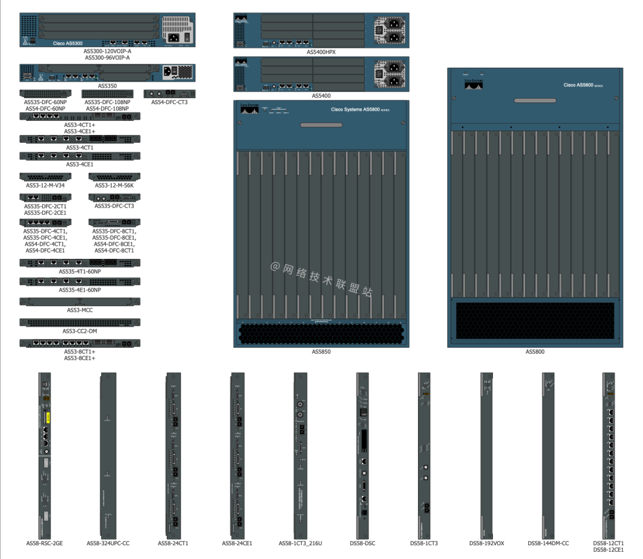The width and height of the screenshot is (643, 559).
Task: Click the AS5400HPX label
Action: pyautogui.click(x=321, y=52)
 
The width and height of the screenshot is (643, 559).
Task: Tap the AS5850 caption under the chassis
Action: pyautogui.click(x=321, y=352)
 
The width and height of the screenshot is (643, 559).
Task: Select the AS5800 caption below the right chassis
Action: pyautogui.click(x=535, y=352)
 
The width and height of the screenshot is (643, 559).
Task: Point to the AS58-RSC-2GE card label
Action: pyautogui.click(x=45, y=543)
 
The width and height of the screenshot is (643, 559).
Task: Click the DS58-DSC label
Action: pyautogui.click(x=362, y=543)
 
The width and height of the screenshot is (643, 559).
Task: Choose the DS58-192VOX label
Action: pyautogui.click(x=486, y=543)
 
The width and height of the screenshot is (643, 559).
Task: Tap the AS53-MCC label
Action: pyautogui.click(x=80, y=310)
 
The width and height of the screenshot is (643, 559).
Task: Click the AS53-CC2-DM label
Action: pyautogui.click(x=80, y=331)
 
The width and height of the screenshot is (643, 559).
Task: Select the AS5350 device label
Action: pyautogui.click(x=107, y=86)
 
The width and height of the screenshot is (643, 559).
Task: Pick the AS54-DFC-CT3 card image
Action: pyautogui.click(x=169, y=94)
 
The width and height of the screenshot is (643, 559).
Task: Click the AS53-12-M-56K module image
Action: pyautogui.click(x=114, y=177)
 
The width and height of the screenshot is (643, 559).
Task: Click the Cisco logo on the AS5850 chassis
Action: pyautogui.click(x=249, y=110)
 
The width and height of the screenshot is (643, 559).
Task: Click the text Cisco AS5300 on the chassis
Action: pyautogui.click(x=68, y=43)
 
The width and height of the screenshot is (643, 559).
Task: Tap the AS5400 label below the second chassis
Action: pyautogui.click(x=321, y=95)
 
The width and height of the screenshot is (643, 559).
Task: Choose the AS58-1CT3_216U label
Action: pyautogui.click(x=300, y=543)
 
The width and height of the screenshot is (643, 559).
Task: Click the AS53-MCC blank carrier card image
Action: pyautogui.click(x=80, y=301)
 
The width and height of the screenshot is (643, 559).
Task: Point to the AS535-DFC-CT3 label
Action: pyautogui.click(x=114, y=206)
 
